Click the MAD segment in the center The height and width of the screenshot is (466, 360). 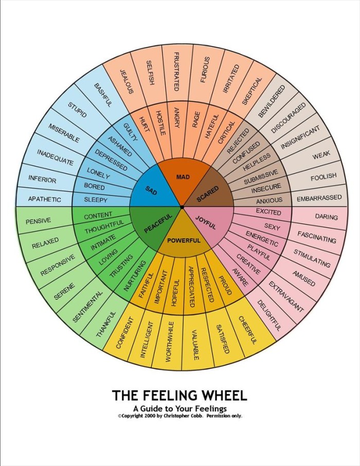click(x=183, y=177)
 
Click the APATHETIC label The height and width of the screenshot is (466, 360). click(x=44, y=199)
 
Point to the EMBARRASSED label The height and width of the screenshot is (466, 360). click(x=319, y=198)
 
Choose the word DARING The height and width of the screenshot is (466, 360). click(x=326, y=217)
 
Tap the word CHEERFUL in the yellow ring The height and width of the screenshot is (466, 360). click(x=247, y=330)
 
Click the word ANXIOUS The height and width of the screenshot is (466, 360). click(x=269, y=201)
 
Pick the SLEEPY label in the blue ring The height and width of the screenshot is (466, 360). click(x=95, y=200)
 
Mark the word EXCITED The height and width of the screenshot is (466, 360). click(x=268, y=212)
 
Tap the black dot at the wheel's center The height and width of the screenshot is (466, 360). click(x=182, y=207)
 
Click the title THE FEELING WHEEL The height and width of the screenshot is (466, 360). click(x=179, y=395)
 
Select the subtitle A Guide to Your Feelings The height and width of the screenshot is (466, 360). click(x=179, y=408)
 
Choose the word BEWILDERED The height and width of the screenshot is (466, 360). click(x=272, y=101)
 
